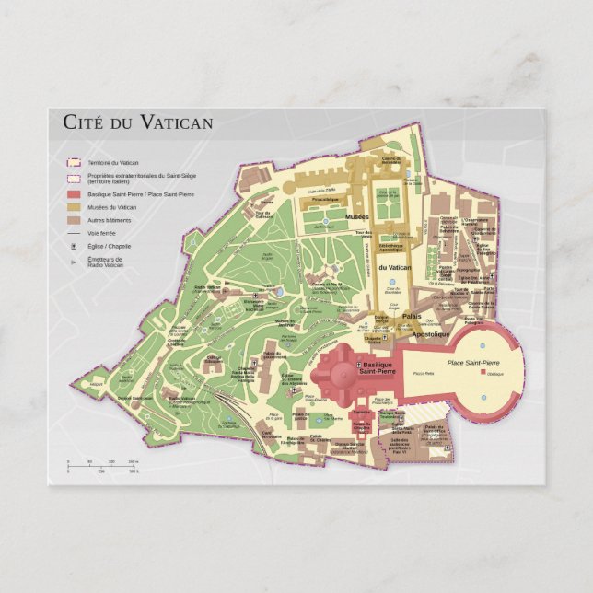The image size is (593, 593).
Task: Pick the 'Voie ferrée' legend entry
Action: click(102, 234)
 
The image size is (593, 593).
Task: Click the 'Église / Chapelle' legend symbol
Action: click(71, 247)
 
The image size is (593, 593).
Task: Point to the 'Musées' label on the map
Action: click(356, 216)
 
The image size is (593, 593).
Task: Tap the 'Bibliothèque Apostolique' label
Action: click(390, 248)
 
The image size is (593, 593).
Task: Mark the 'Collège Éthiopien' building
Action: click(215, 360)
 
